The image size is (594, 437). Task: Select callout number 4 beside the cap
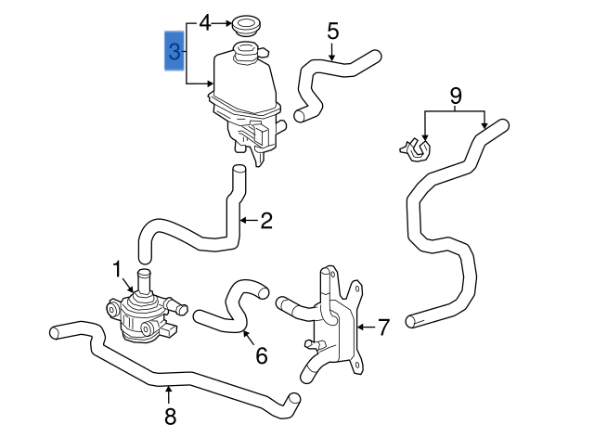(x=205, y=20)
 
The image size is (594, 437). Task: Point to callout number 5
(x=332, y=32)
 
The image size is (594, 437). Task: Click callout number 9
(x=455, y=96)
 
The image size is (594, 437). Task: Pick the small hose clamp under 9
(x=415, y=148)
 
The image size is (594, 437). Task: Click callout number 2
(x=266, y=221)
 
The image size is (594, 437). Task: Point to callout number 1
(x=118, y=269)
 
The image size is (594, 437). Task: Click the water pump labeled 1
(x=141, y=311)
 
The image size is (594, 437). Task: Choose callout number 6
(x=261, y=355)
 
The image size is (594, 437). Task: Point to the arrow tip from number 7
(x=357, y=327)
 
